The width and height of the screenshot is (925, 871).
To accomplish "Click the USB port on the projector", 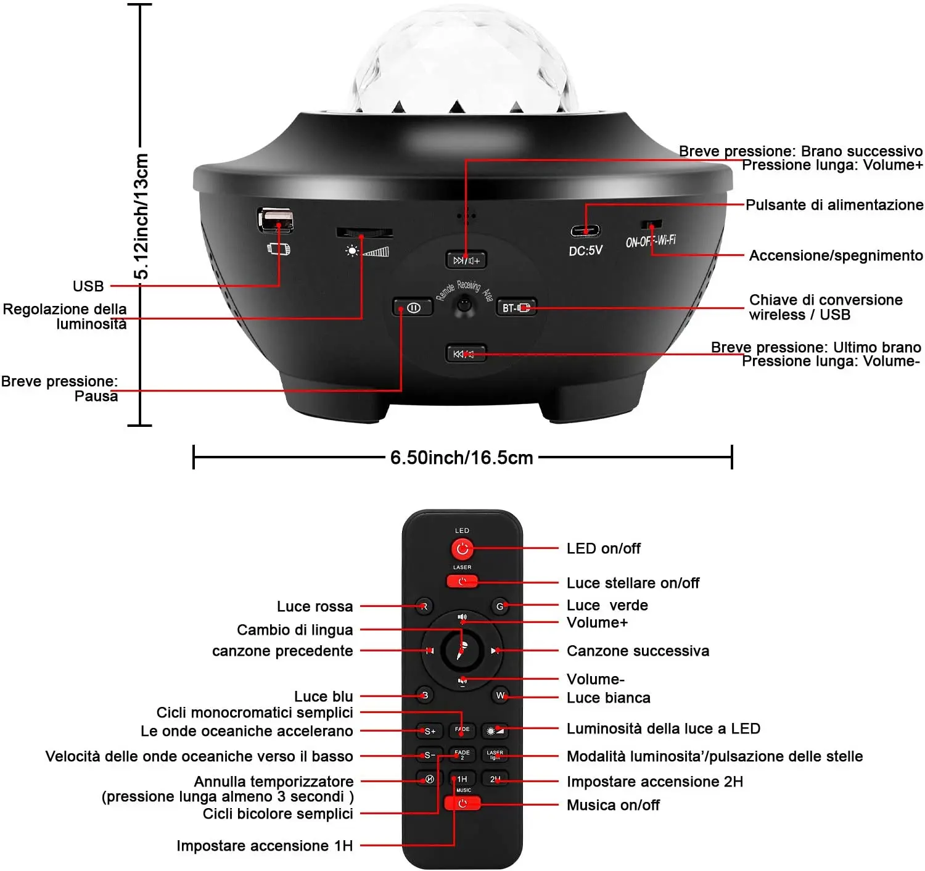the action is [275, 219].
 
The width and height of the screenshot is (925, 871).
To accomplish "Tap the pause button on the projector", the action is [413, 307].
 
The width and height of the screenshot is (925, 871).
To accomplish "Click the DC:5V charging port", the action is [585, 231].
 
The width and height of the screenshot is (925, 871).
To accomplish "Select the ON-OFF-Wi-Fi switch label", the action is [651, 240].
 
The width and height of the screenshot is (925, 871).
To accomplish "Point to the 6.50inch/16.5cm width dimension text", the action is [461, 458].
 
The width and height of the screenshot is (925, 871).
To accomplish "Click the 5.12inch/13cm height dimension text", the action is [141, 216].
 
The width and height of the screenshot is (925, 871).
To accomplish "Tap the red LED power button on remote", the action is [462, 548].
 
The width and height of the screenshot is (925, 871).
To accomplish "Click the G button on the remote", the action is [499, 606].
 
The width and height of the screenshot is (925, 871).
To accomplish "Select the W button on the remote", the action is [500, 696].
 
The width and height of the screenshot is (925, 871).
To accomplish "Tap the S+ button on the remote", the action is [430, 731].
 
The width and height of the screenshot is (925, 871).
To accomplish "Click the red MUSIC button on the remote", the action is [462, 803].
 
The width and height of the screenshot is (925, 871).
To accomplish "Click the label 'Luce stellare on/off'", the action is [633, 583].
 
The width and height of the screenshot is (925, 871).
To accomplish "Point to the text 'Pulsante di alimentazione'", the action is [834, 205].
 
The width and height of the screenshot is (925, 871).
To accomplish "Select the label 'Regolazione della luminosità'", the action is [65, 316].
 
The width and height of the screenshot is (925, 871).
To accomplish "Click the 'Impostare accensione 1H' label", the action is [265, 846].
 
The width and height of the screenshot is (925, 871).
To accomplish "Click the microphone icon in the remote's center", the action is [462, 650].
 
